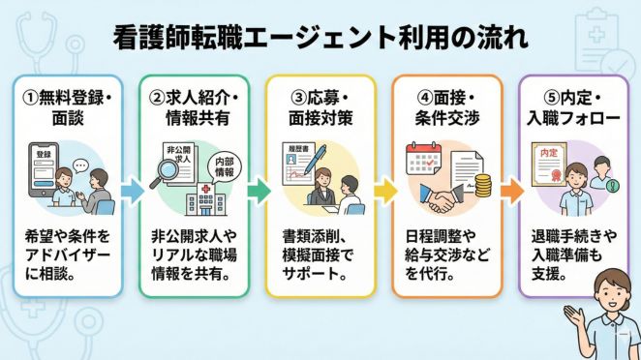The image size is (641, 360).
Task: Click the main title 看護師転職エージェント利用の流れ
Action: coord(320,39)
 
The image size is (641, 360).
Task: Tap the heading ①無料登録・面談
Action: coord(67,106)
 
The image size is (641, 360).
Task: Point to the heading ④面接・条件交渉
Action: coord(446,106)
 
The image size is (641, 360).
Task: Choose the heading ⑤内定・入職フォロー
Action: coord(572,106)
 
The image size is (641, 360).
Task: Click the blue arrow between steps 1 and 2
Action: coord(130,191)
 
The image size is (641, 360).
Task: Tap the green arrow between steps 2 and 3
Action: coord(257,191)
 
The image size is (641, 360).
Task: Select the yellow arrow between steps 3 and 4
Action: coord(383,191)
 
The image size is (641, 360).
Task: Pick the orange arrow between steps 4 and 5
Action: coord(510,191)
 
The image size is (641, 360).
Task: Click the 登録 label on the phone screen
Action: coord(44,156)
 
